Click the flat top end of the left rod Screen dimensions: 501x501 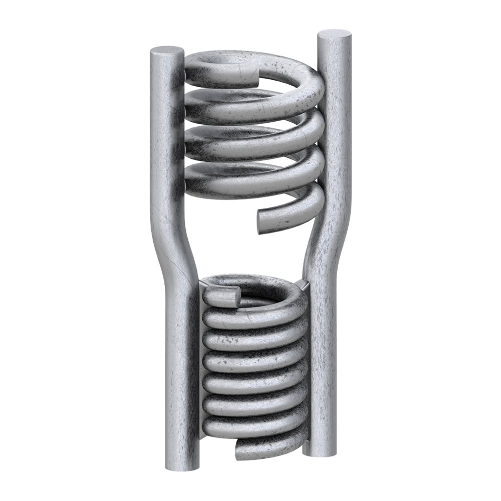[x=167, y=51]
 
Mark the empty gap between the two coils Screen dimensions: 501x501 [x=245, y=245]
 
